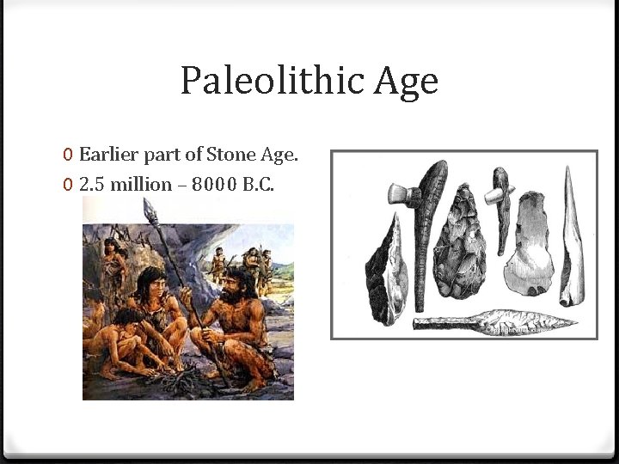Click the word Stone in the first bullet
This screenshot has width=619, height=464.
pos(229,155)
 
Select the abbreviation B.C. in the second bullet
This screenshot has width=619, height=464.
pos(257,184)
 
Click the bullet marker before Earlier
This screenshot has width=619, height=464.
pos(68,156)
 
